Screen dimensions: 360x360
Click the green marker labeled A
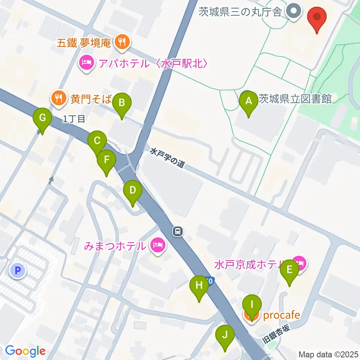tap(248, 101)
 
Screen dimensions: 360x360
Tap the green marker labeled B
tap(121, 102)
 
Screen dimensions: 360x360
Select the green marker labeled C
tap(97, 141)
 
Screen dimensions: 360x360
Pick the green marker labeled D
tap(132, 190)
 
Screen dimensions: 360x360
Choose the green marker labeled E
tap(289, 270)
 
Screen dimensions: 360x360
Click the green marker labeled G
tap(42, 118)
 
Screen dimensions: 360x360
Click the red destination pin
tap(317, 17)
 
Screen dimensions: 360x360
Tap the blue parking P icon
tap(17, 270)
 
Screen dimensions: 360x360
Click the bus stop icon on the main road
tap(178, 231)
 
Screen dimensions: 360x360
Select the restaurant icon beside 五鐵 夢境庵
tap(121, 42)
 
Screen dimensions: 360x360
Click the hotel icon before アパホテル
tap(87, 63)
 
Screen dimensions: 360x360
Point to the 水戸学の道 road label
tap(168, 158)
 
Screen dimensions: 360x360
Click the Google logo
tap(25, 351)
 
